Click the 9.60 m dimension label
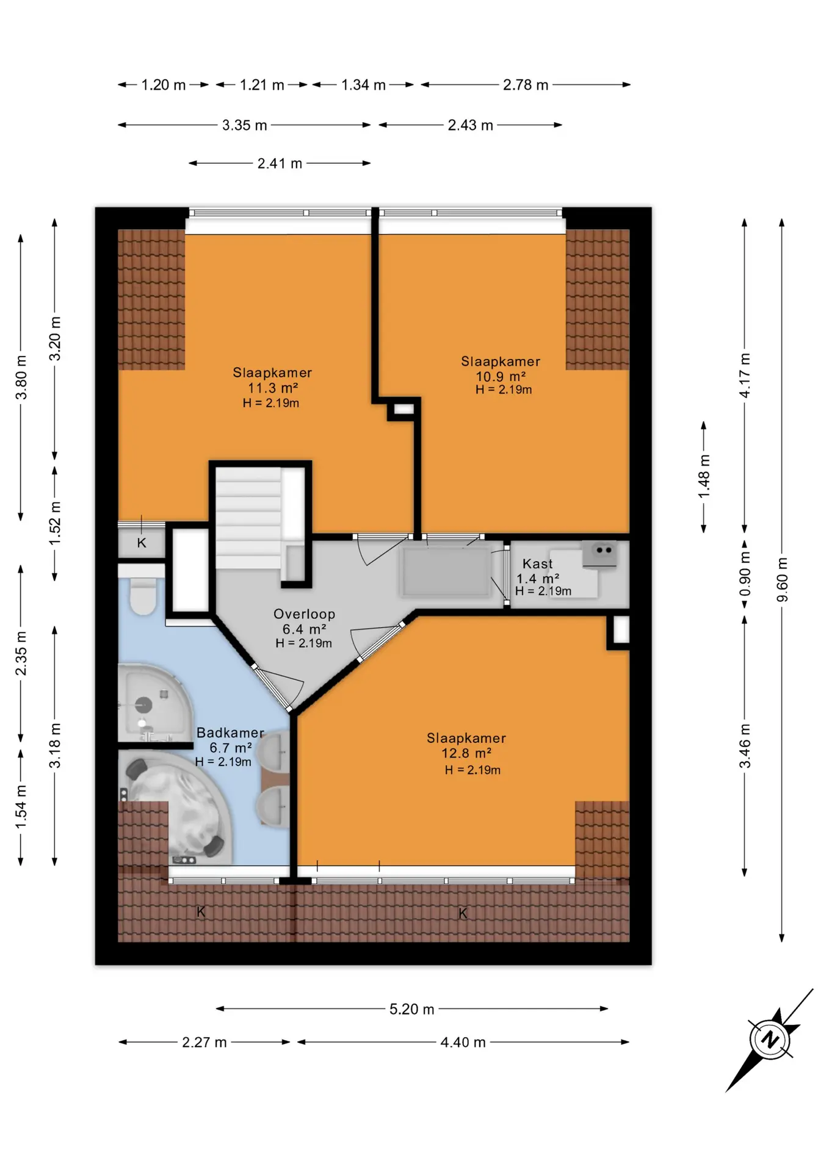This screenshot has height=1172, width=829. [782, 579]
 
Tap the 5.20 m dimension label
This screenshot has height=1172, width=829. [412, 1009]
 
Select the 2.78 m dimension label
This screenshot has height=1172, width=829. [526, 85]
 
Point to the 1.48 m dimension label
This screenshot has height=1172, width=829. [704, 476]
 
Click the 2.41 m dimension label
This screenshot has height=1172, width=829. [280, 164]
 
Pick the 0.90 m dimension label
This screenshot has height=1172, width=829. [745, 574]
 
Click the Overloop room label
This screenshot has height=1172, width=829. [304, 614]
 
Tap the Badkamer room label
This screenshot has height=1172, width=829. [230, 733]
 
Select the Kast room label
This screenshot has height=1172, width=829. [538, 564]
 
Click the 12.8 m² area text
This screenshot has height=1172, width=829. [466, 753]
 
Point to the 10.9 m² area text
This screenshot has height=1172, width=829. [501, 377]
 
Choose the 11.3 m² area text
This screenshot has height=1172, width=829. [272, 388]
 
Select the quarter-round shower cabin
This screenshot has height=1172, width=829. [153, 703]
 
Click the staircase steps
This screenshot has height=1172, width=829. [248, 518]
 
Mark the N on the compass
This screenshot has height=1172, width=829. [770, 1039]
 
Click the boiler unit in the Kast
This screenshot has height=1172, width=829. [599, 554]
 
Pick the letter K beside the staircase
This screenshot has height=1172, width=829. [142, 543]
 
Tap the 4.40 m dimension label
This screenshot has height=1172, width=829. [463, 1043]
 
